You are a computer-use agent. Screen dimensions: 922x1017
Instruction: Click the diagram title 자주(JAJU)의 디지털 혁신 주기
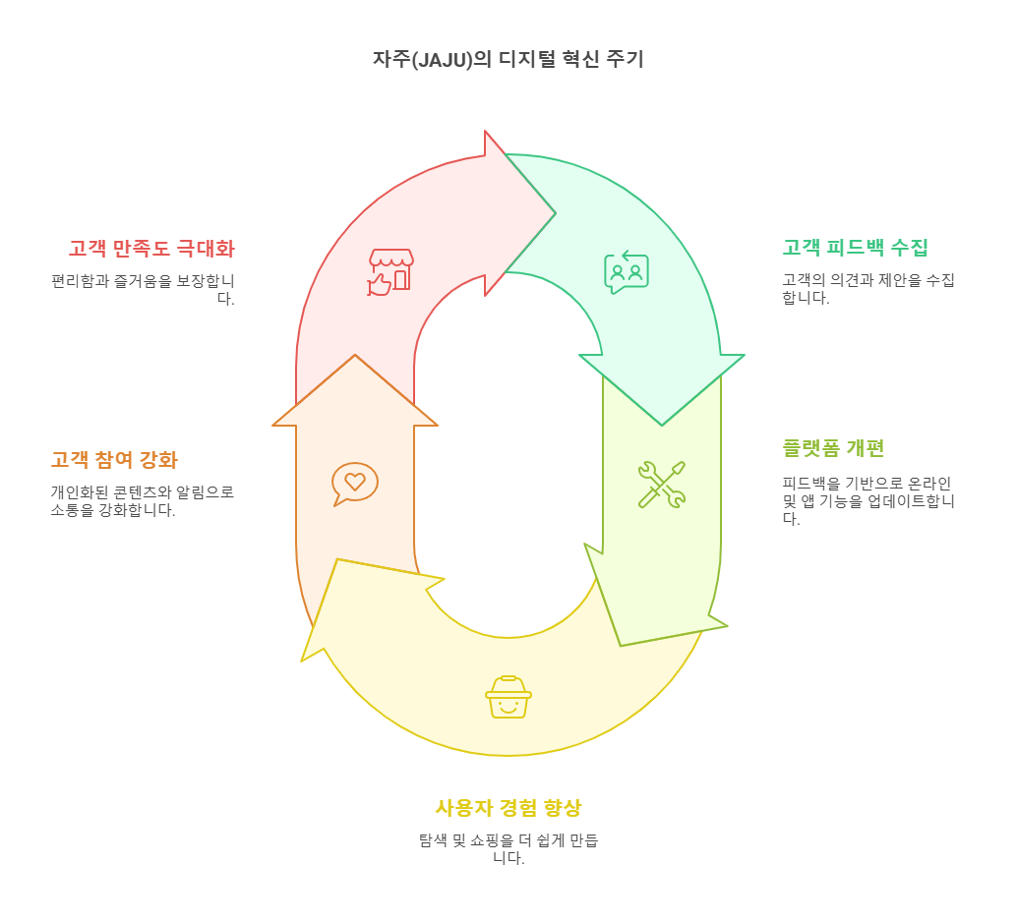508,59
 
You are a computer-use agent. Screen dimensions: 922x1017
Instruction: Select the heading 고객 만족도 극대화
151,248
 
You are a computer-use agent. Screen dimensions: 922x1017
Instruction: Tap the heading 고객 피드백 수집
855,248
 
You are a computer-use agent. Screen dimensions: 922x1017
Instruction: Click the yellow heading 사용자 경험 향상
508,808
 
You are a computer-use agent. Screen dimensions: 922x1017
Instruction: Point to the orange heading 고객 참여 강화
114,460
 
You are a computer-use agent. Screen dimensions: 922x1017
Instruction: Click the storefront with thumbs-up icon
390,271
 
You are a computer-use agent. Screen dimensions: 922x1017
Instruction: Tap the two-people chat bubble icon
627,272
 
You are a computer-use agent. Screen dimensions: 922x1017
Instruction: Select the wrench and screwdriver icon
661,484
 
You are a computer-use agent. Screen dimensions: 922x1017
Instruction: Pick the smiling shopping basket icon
508,696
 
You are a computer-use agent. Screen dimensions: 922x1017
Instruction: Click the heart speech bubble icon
354,483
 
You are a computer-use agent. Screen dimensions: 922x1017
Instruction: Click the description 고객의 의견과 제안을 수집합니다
867,290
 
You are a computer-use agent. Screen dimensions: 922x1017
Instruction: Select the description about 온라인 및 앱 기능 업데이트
867,500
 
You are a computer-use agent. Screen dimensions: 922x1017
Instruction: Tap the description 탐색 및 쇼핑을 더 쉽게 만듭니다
508,848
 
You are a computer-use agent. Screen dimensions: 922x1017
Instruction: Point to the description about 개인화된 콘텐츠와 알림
142,500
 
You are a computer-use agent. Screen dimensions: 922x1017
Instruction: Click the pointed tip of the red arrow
554,213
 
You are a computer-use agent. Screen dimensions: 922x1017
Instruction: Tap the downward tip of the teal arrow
662,424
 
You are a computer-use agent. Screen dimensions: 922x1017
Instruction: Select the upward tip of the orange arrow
355,357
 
